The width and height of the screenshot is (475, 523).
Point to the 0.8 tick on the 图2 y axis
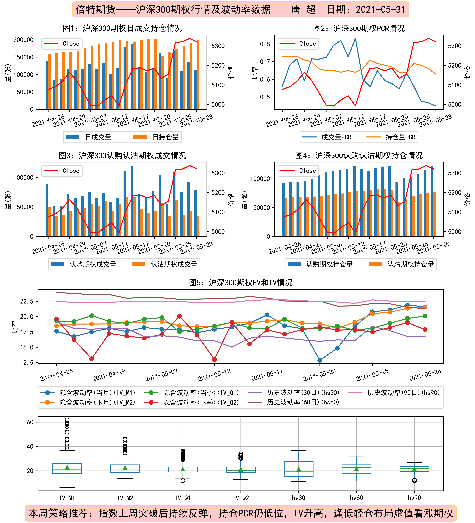point(265,44)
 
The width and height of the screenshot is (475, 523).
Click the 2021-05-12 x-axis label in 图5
point(214,375)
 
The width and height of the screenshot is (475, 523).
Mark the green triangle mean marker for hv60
point(356,469)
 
